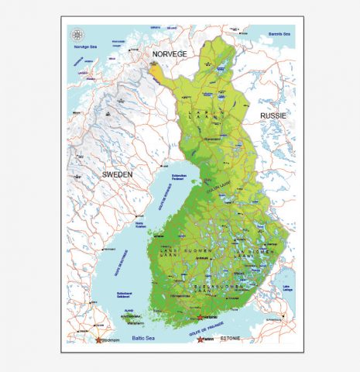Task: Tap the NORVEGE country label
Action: click(x=170, y=53)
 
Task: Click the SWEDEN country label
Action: click(x=118, y=175)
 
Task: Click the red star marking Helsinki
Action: click(x=200, y=317)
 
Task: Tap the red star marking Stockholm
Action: click(x=98, y=339)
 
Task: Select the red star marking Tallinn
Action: click(x=201, y=339)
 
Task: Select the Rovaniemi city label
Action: click(x=211, y=139)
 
